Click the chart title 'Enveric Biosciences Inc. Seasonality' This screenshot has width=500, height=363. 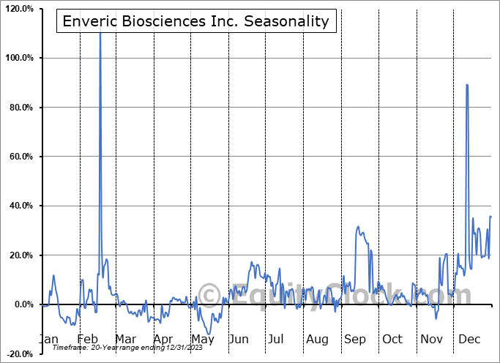pos(195,21)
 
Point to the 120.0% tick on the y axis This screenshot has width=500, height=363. pos(18,9)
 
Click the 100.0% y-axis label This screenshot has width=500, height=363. pos(18,58)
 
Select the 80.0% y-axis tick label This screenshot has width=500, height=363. pos(20,108)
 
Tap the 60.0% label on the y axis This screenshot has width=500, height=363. pos(20,157)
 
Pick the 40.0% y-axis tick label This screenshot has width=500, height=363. pos(20,206)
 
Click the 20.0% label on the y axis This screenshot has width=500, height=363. pos(20,255)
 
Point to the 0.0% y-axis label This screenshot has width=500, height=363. pos(22,304)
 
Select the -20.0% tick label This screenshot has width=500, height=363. pos(18,354)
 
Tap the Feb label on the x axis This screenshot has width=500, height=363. pos(87,340)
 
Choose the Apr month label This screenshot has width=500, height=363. pos(163,340)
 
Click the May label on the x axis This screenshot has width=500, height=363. pos(202,340)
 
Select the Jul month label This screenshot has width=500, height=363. pos(275,340)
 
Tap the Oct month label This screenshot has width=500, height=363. pos(392,340)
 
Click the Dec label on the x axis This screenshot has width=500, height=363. pos(469,340)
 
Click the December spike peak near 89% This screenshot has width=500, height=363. pos(467,85)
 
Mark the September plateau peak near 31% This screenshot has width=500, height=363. pos(358,228)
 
